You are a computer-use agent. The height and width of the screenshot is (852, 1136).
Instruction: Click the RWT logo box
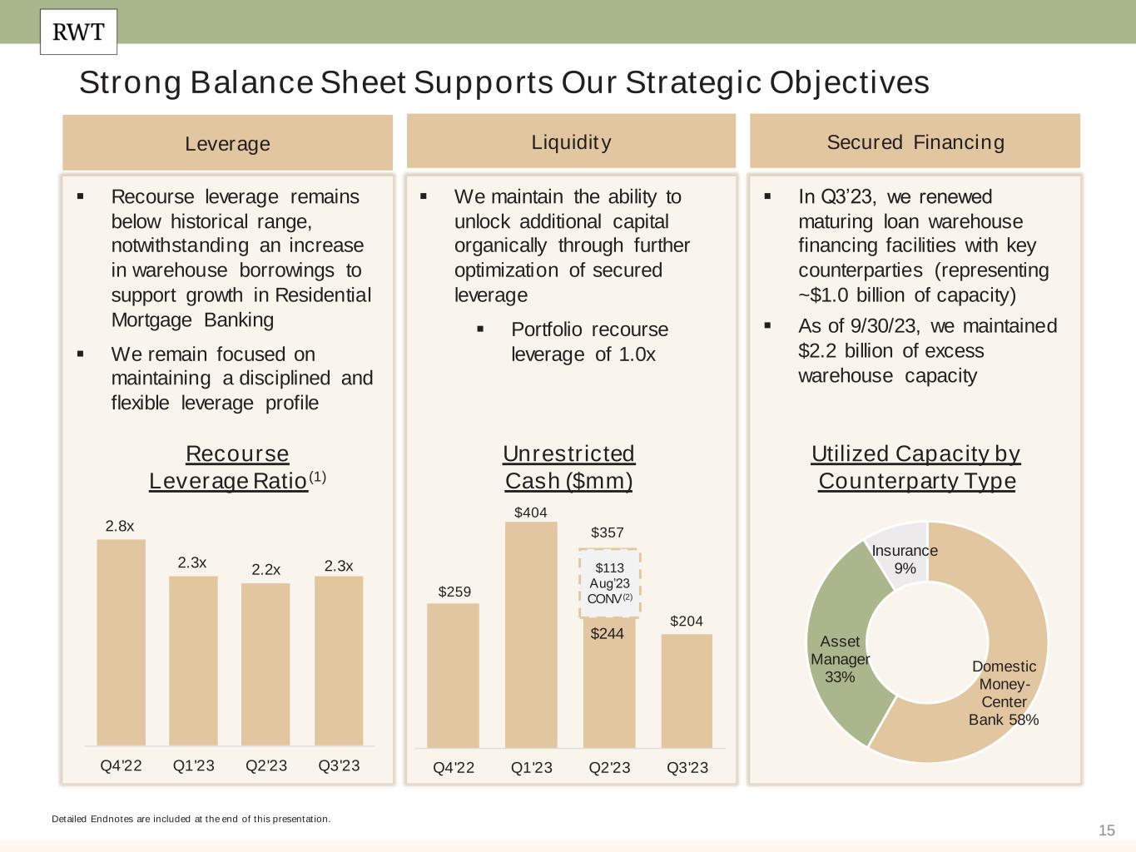point(78,32)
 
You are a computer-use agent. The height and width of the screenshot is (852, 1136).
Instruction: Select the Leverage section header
point(227,143)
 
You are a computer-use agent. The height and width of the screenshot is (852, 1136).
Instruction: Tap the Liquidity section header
point(571,142)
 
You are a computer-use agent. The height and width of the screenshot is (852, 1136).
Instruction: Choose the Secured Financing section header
point(915,142)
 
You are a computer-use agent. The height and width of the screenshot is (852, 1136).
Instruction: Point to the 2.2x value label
point(266,570)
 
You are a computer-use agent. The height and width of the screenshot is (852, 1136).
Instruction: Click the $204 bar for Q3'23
point(687,691)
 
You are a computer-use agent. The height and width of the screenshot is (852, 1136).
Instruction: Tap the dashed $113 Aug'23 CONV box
point(609,582)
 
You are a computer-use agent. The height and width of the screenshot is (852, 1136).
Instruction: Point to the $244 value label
point(608,634)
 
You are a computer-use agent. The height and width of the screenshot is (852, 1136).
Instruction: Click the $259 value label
point(454,592)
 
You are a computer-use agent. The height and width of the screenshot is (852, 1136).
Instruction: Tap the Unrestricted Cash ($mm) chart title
point(569,467)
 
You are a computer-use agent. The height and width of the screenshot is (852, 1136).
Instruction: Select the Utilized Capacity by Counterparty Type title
point(915,467)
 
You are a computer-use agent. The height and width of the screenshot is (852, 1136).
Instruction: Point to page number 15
point(1106,830)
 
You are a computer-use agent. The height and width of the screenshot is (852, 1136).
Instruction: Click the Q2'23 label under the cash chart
point(609,767)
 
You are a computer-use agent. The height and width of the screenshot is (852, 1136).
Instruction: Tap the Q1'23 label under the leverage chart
point(193,765)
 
